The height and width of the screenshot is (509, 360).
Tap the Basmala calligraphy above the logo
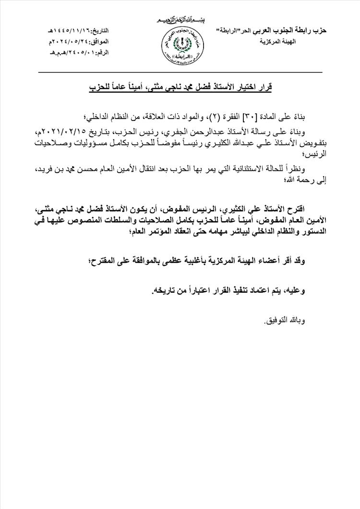click(x=180, y=20)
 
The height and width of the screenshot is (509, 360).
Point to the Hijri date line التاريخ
click(x=80, y=30)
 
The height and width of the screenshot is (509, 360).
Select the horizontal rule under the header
click(x=180, y=72)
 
